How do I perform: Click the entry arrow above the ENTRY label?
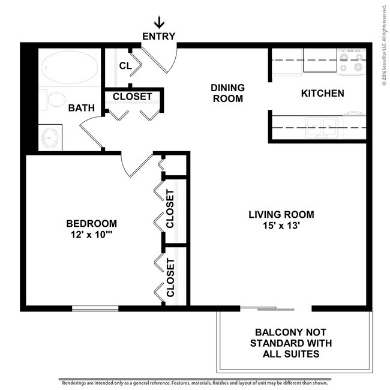click(x=159, y=23)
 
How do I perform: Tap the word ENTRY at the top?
click(x=159, y=37)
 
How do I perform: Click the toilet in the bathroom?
click(x=55, y=100)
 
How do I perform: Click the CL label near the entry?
click(x=125, y=65)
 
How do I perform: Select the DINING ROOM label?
click(x=227, y=93)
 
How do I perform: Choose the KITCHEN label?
click(x=322, y=93)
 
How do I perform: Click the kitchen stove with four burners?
click(x=350, y=62)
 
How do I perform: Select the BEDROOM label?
click(x=91, y=223)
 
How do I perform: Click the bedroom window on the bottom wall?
click(x=95, y=308)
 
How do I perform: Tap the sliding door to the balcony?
click(x=275, y=308)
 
